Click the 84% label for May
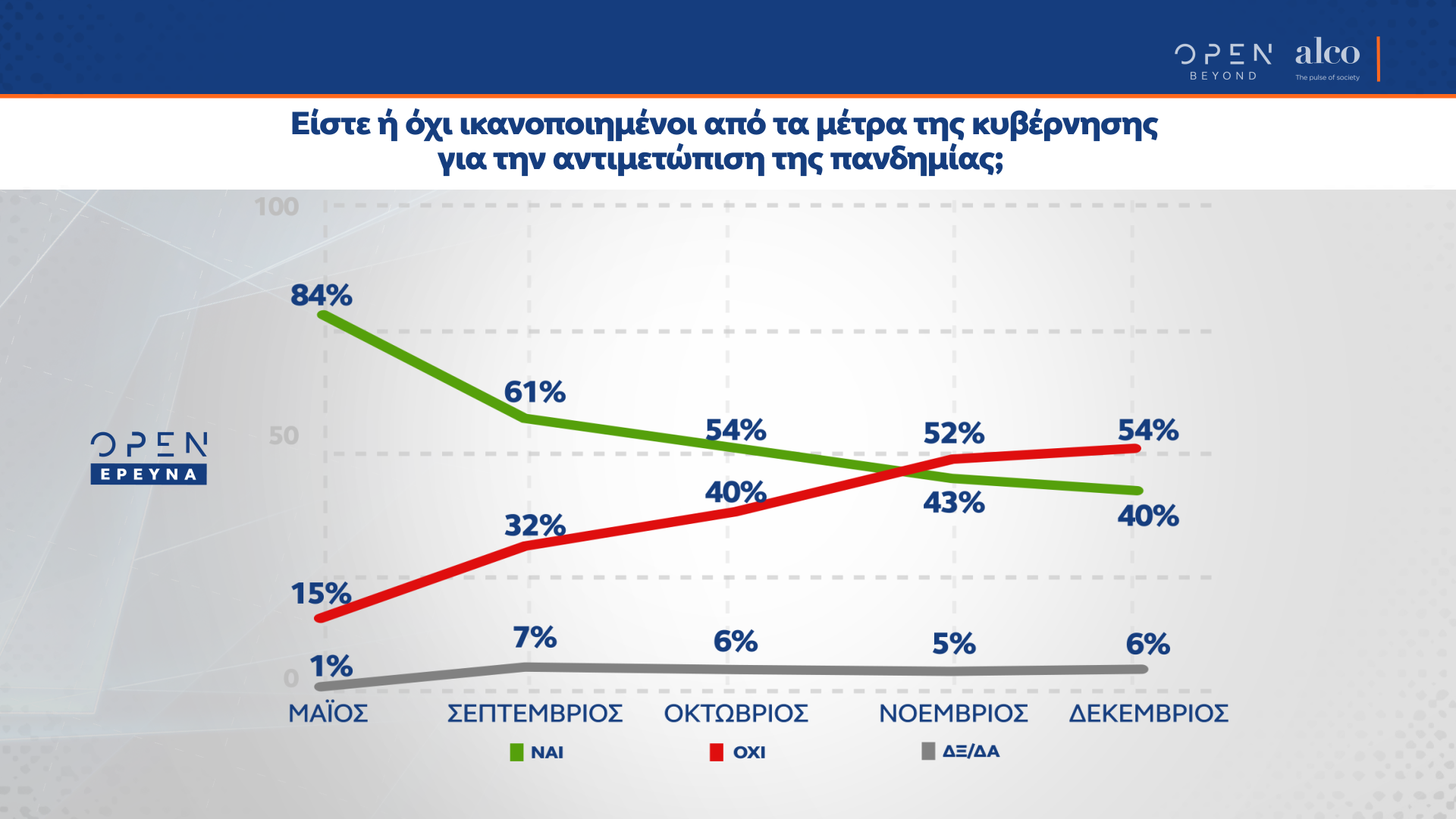pyautogui.click(x=322, y=295)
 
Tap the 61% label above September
pyautogui.click(x=535, y=392)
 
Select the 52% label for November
pyautogui.click(x=953, y=434)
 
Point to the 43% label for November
pyautogui.click(x=953, y=503)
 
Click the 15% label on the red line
pyautogui.click(x=321, y=594)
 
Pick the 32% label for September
pyautogui.click(x=535, y=526)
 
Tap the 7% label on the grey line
pyautogui.click(x=535, y=638)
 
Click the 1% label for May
pyautogui.click(x=331, y=667)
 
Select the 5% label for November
pyautogui.click(x=953, y=644)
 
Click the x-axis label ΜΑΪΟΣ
pyautogui.click(x=328, y=714)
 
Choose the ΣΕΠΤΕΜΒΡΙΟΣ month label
pyautogui.click(x=535, y=714)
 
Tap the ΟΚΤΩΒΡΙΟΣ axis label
pyautogui.click(x=736, y=714)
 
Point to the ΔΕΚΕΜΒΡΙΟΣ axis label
pyautogui.click(x=1148, y=714)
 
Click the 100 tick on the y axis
pyautogui.click(x=276, y=206)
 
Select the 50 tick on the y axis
pyautogui.click(x=284, y=436)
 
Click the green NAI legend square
pyautogui.click(x=516, y=752)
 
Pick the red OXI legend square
pyautogui.click(x=716, y=752)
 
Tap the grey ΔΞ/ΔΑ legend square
pyautogui.click(x=927, y=752)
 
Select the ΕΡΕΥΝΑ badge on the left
pyautogui.click(x=149, y=475)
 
